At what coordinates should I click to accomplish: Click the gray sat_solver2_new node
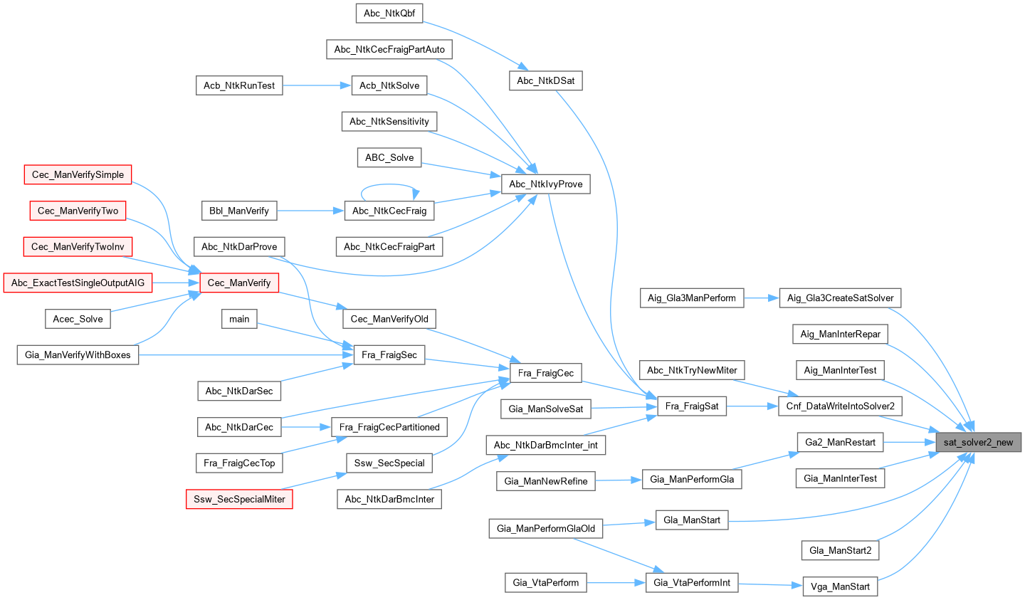(x=978, y=442)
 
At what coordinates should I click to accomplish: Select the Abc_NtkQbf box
(x=389, y=13)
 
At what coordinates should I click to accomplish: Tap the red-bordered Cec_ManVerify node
(x=239, y=283)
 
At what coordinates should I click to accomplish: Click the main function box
(x=239, y=319)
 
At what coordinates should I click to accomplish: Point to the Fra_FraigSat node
(x=691, y=406)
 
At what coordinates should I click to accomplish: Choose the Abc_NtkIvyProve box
(x=545, y=184)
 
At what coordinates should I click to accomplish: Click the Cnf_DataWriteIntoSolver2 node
(x=840, y=406)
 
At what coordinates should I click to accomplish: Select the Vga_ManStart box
(x=840, y=586)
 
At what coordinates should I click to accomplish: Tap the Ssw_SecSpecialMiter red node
(x=239, y=499)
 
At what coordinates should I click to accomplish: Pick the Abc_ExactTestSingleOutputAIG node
(x=78, y=283)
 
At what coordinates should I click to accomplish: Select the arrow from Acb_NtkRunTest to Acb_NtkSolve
(x=317, y=85)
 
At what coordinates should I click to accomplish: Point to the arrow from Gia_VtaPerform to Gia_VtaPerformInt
(x=616, y=583)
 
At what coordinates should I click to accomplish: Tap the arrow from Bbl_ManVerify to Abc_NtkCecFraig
(x=310, y=211)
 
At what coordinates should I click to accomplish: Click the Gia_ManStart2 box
(x=840, y=550)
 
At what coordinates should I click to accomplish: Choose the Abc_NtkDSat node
(x=545, y=80)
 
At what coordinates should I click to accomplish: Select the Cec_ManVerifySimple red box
(x=78, y=174)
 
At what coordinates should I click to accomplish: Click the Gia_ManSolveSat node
(x=545, y=409)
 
